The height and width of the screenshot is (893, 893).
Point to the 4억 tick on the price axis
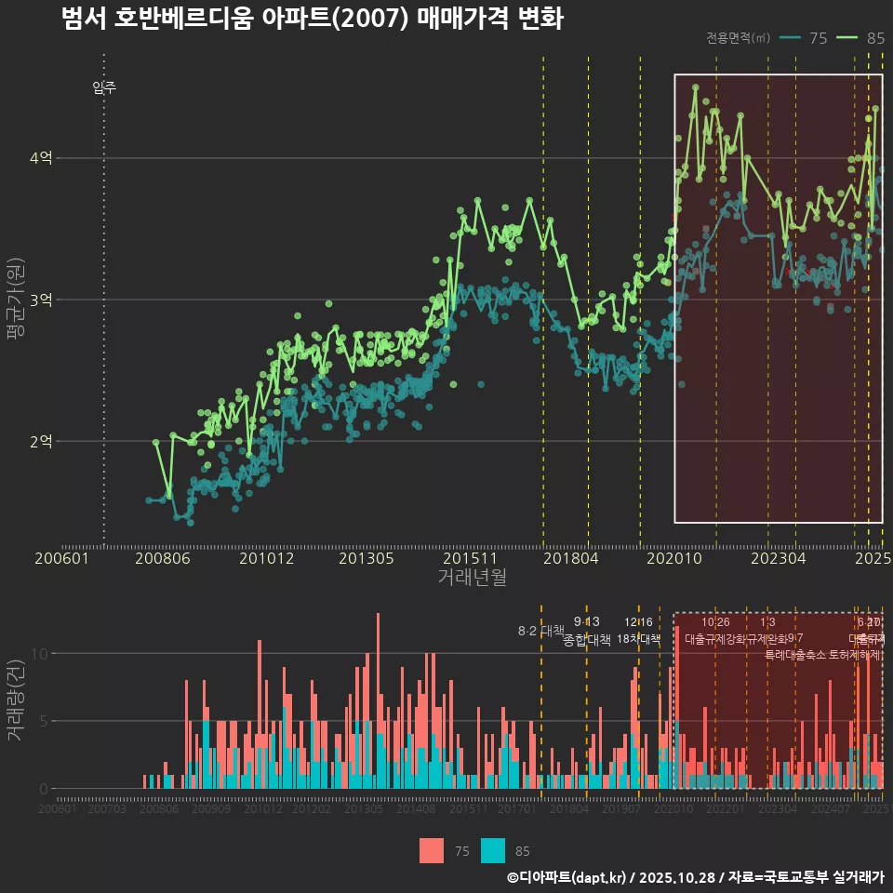pos(41,158)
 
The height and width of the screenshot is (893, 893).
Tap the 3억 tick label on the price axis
pos(41,300)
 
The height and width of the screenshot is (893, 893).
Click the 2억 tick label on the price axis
pos(41,441)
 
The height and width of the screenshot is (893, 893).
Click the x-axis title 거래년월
pos(472,577)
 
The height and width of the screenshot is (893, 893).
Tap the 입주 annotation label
pos(104,88)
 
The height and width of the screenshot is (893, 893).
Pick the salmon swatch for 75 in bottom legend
pos(432,850)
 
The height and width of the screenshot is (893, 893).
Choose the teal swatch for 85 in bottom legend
pos(493,850)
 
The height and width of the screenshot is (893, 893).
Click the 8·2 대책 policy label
pos(540,631)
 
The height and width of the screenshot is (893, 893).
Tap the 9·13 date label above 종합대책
pos(587,621)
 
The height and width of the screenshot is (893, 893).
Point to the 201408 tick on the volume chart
pos(416,810)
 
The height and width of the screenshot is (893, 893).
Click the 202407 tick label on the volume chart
pos(830,810)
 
